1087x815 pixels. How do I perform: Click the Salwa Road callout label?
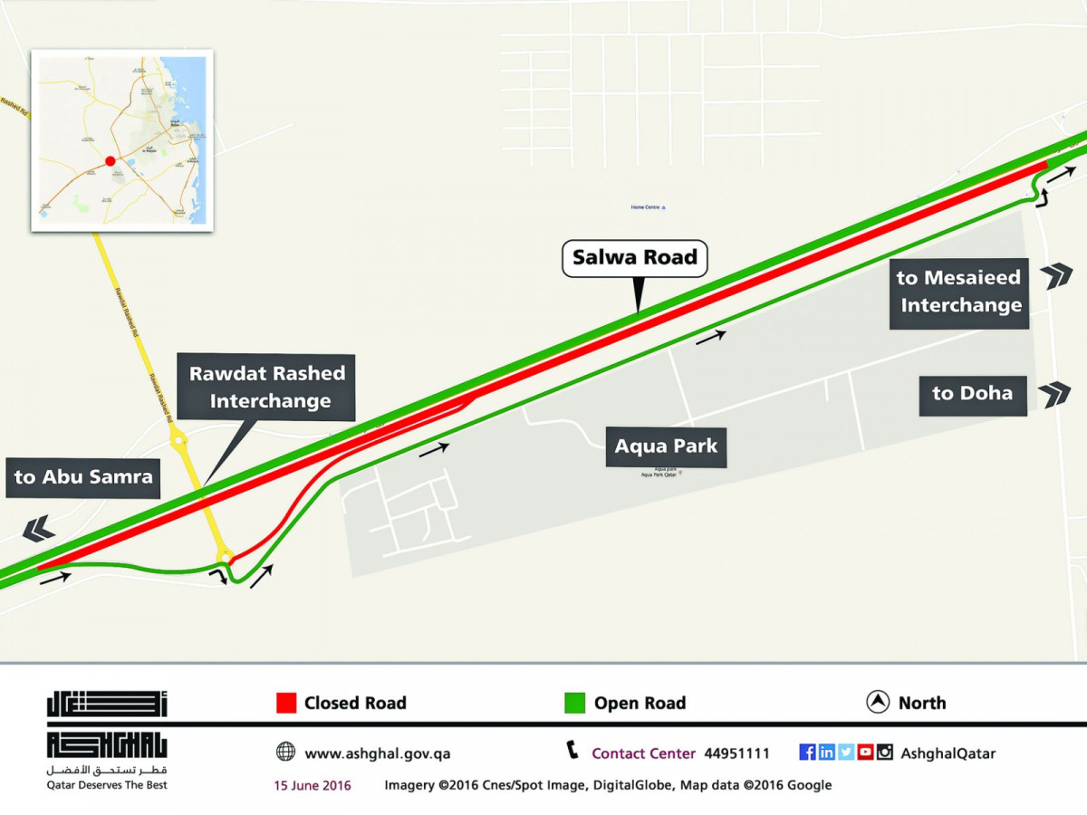pyautogui.click(x=634, y=258)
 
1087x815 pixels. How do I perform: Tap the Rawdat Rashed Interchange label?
pyautogui.click(x=267, y=388)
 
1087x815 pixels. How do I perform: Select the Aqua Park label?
pyautogui.click(x=666, y=446)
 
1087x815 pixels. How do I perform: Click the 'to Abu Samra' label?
pyautogui.click(x=83, y=477)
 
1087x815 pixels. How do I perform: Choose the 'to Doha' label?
pyautogui.click(x=972, y=395)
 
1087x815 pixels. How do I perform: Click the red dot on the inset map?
pyautogui.click(x=110, y=161)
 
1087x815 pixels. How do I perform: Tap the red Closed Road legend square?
pyautogui.click(x=286, y=703)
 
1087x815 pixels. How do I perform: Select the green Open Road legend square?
pyautogui.click(x=574, y=703)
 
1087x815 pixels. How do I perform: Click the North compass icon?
pyautogui.click(x=877, y=703)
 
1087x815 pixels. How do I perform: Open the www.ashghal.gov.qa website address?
pyautogui.click(x=377, y=753)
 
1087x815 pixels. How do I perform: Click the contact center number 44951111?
pyautogui.click(x=736, y=753)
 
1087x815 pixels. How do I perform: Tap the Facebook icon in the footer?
pyautogui.click(x=807, y=752)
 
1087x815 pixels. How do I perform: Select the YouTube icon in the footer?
pyautogui.click(x=865, y=752)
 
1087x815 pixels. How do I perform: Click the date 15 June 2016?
pyautogui.click(x=313, y=785)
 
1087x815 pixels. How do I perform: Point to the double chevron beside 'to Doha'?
pyautogui.click(x=1054, y=395)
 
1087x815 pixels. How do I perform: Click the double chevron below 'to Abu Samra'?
pyautogui.click(x=38, y=528)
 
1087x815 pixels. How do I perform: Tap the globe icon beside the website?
pyautogui.click(x=285, y=752)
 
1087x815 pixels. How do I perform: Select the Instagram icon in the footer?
pyautogui.click(x=884, y=752)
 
